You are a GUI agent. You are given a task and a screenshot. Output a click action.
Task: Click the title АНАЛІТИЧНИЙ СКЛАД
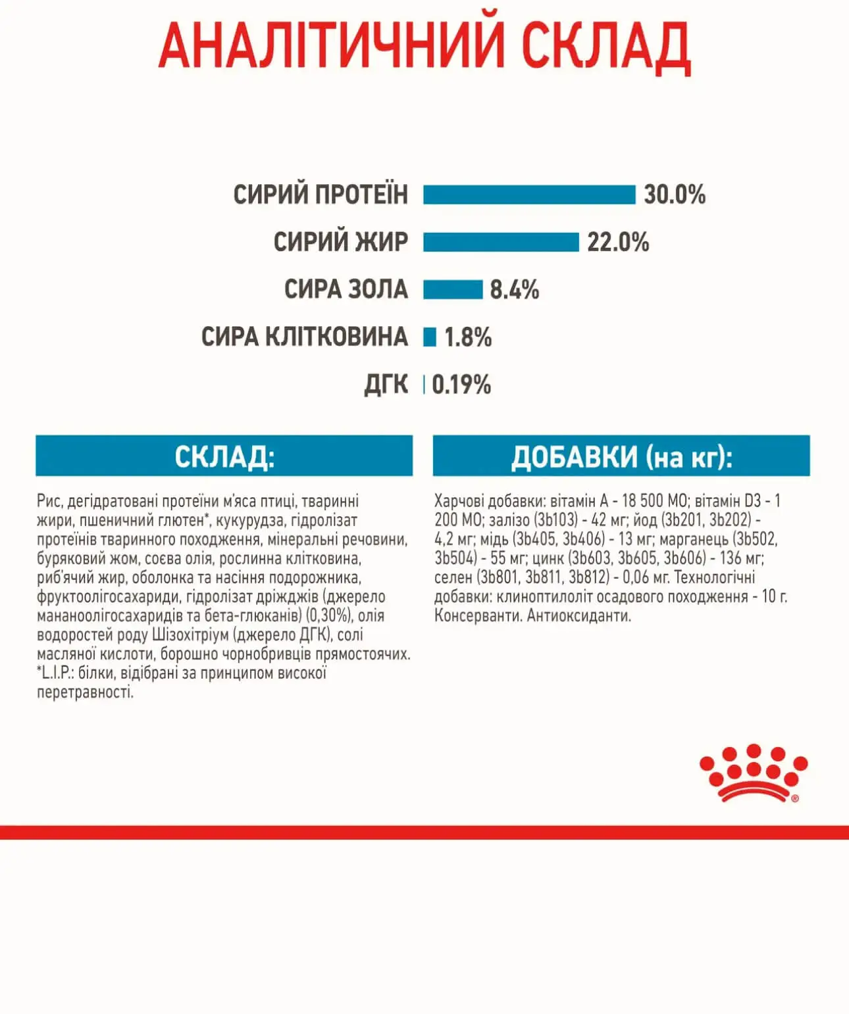pyautogui.click(x=424, y=46)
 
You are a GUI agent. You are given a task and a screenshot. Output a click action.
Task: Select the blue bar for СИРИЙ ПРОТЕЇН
pyautogui.click(x=529, y=195)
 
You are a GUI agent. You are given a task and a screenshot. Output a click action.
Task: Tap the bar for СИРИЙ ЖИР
pyautogui.click(x=501, y=242)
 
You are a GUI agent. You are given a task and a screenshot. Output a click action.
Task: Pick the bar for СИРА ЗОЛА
pyautogui.click(x=453, y=289)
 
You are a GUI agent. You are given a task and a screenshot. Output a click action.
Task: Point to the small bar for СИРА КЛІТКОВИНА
pyautogui.click(x=430, y=337)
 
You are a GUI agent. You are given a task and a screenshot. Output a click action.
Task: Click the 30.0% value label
pyautogui.click(x=675, y=195)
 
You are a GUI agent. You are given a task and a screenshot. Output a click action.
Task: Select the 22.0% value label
pyautogui.click(x=618, y=242)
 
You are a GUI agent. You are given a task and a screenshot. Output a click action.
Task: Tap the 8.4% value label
pyautogui.click(x=515, y=289)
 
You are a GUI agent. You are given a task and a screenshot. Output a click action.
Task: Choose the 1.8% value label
pyautogui.click(x=468, y=337)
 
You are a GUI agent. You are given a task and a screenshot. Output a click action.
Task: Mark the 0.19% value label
pyautogui.click(x=461, y=385)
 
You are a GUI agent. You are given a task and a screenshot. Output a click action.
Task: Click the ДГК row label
pyautogui.click(x=386, y=385)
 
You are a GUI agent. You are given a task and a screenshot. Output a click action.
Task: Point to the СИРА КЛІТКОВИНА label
pyautogui.click(x=305, y=337)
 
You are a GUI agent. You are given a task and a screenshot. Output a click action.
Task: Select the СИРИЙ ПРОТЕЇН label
pyautogui.click(x=321, y=195)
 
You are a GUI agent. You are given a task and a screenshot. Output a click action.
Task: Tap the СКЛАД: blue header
pyautogui.click(x=224, y=456)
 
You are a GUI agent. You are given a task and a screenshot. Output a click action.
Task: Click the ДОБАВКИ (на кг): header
pyautogui.click(x=621, y=456)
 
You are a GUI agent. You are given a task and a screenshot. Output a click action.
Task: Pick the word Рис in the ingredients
pyautogui.click(x=49, y=501)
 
